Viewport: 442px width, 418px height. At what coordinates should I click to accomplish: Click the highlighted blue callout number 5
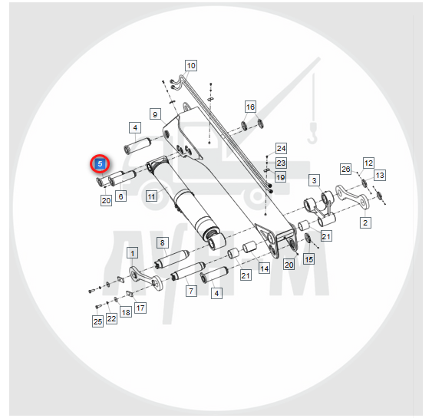pyautogui.click(x=100, y=164)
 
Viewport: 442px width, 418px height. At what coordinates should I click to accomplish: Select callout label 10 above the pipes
pyautogui.click(x=191, y=66)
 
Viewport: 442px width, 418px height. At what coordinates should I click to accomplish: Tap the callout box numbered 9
pyautogui.click(x=155, y=114)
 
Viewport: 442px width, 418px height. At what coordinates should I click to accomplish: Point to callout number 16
pyautogui.click(x=250, y=107)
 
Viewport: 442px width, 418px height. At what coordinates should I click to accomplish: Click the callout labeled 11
pyautogui.click(x=152, y=196)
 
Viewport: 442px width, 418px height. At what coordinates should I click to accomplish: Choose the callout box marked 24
pyautogui.click(x=281, y=149)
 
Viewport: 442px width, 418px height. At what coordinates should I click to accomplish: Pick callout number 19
pyautogui.click(x=281, y=177)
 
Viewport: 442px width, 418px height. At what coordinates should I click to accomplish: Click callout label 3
pyautogui.click(x=315, y=180)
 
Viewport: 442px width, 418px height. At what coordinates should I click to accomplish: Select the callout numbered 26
pyautogui.click(x=346, y=169)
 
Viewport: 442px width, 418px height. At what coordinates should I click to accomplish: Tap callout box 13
pyautogui.click(x=380, y=175)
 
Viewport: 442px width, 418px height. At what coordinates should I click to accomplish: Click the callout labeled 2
pyautogui.click(x=365, y=222)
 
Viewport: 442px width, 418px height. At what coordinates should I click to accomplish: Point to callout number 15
pyautogui.click(x=309, y=259)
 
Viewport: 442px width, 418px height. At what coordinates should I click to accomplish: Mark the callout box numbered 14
pyautogui.click(x=264, y=268)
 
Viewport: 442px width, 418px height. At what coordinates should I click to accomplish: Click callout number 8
pyautogui.click(x=163, y=242)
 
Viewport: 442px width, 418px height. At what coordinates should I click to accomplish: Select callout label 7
pyautogui.click(x=191, y=291)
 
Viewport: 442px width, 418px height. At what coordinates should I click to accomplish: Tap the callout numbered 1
pyautogui.click(x=133, y=253)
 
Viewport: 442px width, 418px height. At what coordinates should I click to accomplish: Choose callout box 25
pyautogui.click(x=97, y=321)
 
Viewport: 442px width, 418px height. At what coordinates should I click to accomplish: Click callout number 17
pyautogui.click(x=140, y=308)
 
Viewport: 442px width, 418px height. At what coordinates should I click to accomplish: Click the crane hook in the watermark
pyautogui.click(x=312, y=133)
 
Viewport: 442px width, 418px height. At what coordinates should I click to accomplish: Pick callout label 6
pyautogui.click(x=120, y=196)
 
